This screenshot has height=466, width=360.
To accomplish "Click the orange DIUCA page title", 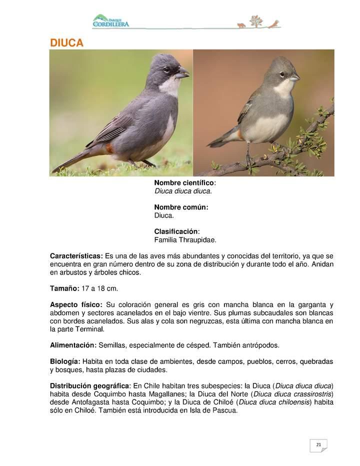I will (x=66, y=43).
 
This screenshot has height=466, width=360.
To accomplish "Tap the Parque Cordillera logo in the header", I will (x=110, y=21).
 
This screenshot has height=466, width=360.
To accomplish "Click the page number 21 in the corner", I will (x=318, y=444).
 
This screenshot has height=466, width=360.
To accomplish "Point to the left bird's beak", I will (x=182, y=74).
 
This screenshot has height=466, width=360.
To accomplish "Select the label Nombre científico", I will (x=184, y=183).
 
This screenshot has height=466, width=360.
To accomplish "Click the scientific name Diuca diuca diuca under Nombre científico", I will (x=183, y=191).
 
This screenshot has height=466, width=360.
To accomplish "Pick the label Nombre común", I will (x=181, y=207).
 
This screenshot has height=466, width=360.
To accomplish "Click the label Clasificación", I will (x=176, y=231).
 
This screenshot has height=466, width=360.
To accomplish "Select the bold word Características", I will (x=76, y=256).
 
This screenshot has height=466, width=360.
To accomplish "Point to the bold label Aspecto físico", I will (x=76, y=304).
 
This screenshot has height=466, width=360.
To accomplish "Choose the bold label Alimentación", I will (x=73, y=345).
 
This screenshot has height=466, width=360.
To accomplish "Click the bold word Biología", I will (x=65, y=361).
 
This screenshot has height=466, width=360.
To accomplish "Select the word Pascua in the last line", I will (x=225, y=410).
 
